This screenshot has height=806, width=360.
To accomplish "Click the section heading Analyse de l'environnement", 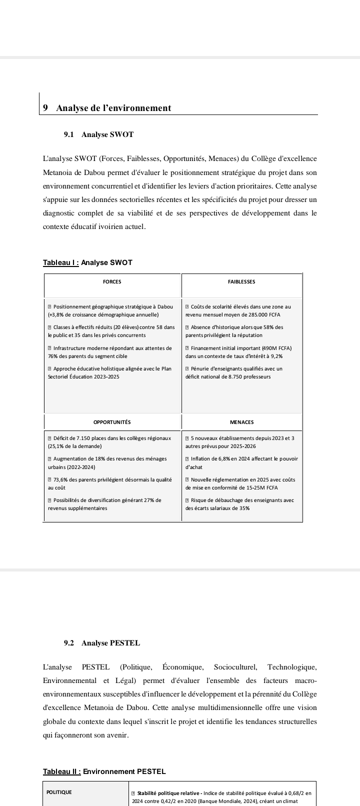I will coord(113,108).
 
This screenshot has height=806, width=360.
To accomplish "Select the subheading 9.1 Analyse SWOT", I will coord(98,134).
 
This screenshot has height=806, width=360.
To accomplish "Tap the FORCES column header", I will coord(112,282).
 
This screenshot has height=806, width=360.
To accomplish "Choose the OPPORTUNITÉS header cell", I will coord(112,422).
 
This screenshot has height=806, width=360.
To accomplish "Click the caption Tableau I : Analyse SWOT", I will coord(87,262).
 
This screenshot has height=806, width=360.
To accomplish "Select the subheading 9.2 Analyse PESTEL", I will coord(101,643).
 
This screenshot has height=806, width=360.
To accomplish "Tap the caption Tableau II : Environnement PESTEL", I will coord(104,771).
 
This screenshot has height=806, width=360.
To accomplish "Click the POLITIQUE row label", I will coord(59,792).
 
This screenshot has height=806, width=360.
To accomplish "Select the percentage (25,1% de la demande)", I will coord(75,446).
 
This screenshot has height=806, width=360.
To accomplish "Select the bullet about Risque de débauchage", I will coord(239,504).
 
